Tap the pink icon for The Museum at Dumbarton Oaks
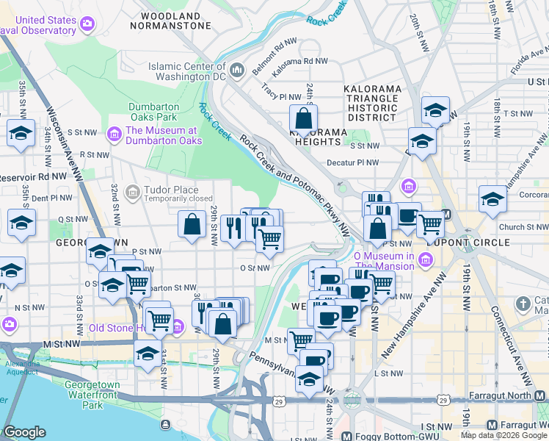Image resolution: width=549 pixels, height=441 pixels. pos(114,135)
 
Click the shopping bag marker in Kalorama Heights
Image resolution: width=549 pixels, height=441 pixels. pos(303,118)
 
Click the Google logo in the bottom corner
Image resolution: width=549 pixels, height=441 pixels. pos(24,432)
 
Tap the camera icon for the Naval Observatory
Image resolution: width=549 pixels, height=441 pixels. pos(87,24)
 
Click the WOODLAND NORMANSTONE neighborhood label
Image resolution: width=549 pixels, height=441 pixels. pos(170,20)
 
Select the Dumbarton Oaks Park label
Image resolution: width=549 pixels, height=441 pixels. pos(153,112)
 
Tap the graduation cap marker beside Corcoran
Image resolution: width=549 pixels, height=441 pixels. pos(492,198)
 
